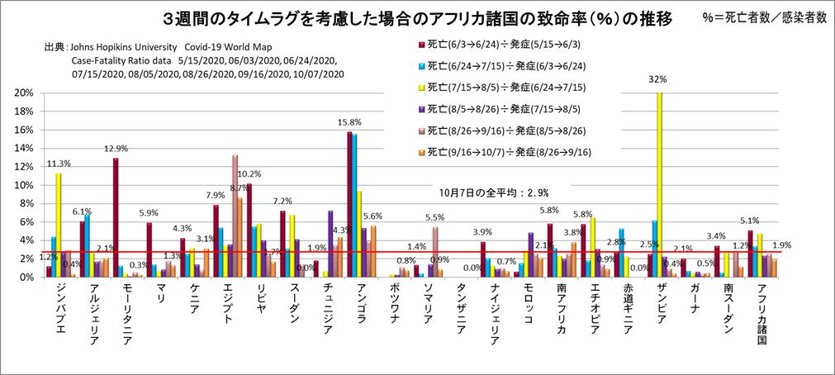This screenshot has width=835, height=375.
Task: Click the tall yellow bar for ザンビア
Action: coord(659,184)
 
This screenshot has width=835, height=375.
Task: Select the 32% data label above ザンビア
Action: coord(657,80)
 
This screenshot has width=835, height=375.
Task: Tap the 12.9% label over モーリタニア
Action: coord(116,149)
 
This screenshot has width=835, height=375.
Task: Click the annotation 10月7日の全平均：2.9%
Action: coord(482,192)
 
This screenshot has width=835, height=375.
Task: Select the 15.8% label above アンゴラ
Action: coord(349,124)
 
